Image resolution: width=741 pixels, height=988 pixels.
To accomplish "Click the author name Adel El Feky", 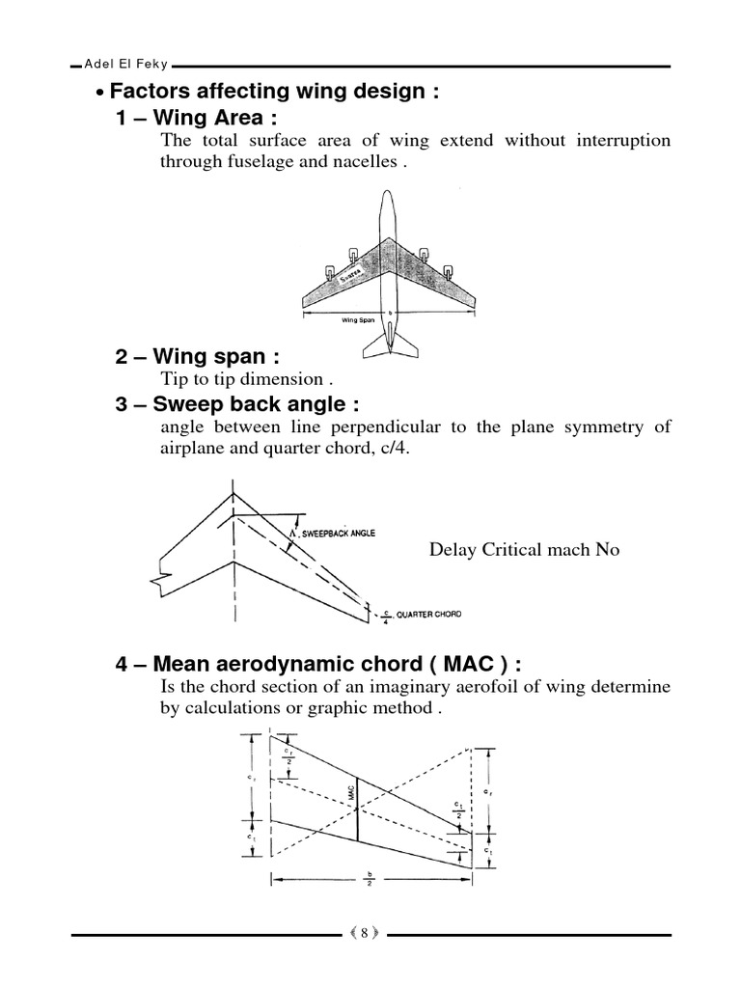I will click(x=126, y=65).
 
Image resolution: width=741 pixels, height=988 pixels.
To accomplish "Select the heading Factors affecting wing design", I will click(x=275, y=93).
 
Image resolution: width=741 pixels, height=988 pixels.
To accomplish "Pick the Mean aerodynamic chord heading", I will click(x=318, y=664).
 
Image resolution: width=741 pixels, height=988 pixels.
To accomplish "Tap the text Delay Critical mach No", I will click(x=524, y=550).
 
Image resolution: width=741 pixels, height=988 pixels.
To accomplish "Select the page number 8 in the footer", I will click(x=364, y=933).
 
